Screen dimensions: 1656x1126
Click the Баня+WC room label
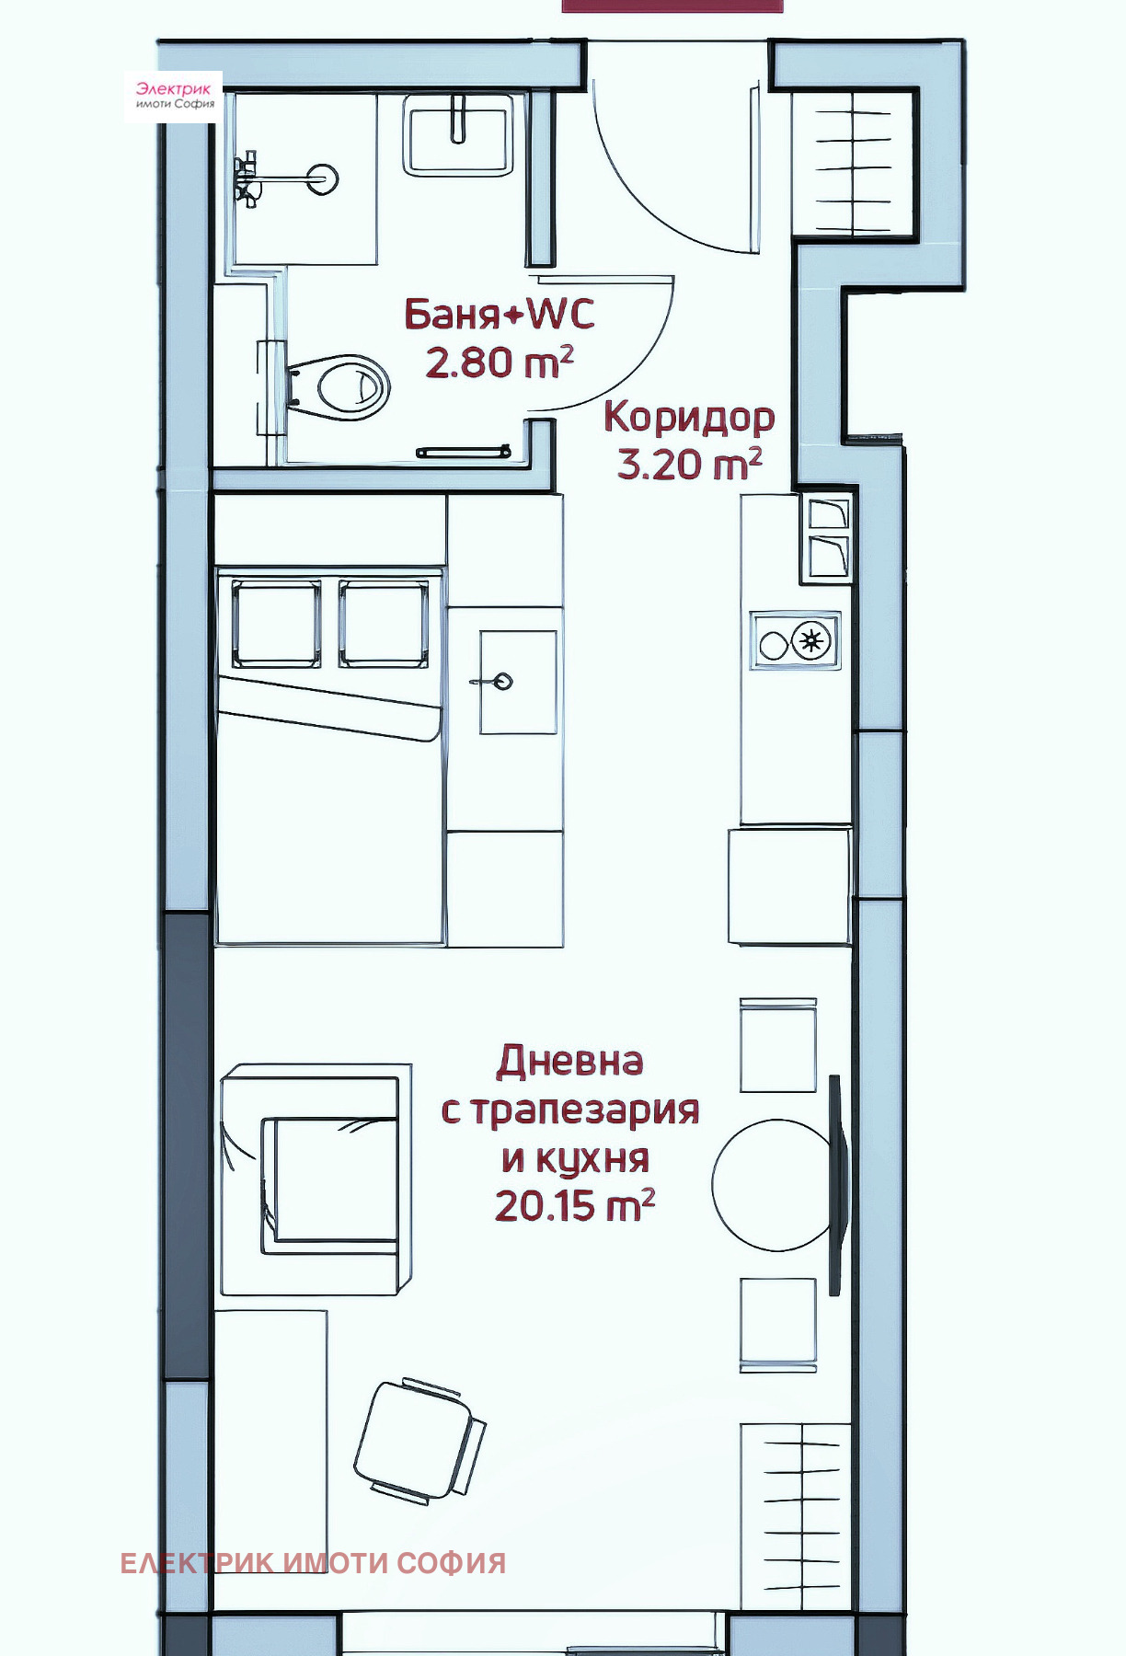point(500,315)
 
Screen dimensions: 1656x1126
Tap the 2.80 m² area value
point(499,362)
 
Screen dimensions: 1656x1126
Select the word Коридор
point(689,417)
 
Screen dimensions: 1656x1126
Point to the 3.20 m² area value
point(689,464)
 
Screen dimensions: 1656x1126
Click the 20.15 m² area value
point(574,1205)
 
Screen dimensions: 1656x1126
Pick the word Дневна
point(569,1061)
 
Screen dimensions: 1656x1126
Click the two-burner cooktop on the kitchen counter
point(795,641)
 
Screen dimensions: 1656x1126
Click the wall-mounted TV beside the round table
point(835,1185)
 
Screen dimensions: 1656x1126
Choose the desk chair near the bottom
point(419,1441)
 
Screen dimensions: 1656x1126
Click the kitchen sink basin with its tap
point(517,682)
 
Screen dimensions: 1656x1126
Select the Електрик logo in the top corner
point(174,96)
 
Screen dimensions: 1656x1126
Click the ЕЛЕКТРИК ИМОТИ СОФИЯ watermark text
point(313,1563)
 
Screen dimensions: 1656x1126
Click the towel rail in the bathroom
point(464,451)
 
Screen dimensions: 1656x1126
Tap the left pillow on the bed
point(275,623)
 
